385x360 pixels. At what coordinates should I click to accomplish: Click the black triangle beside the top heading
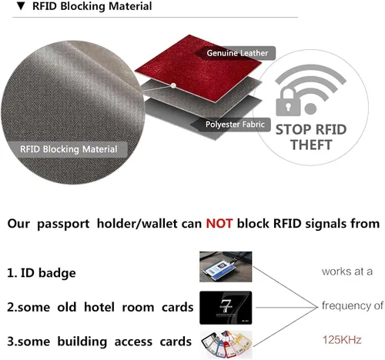coord(21,6)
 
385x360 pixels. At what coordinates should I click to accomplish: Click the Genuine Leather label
coord(237,53)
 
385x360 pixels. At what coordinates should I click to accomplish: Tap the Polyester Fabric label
coord(235,125)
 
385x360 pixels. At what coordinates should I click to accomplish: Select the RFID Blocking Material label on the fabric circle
coord(69,149)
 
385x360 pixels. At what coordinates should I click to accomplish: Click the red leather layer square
coord(198,68)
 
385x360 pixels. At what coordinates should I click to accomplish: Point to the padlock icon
coord(288,102)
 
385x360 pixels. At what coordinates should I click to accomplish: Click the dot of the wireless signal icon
coord(310,108)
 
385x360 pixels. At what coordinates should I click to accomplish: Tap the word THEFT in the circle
coord(311,145)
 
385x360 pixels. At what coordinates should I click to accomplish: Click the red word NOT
coord(219,224)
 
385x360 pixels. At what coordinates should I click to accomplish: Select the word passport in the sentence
coord(63,224)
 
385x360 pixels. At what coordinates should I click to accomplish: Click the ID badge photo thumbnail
coord(226,267)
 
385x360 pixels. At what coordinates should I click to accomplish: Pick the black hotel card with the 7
coord(226,308)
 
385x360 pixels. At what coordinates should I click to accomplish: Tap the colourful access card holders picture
coord(226,345)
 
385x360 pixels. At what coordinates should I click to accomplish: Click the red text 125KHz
coord(342,340)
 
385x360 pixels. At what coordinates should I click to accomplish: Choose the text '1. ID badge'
coord(42,273)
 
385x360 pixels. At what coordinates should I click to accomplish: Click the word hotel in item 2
coord(99,307)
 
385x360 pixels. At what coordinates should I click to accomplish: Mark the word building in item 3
coord(82,342)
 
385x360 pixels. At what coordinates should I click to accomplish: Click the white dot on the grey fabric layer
coord(173,85)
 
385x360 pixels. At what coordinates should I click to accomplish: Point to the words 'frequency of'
coord(353,305)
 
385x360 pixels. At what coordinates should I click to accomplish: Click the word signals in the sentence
coord(326,224)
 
